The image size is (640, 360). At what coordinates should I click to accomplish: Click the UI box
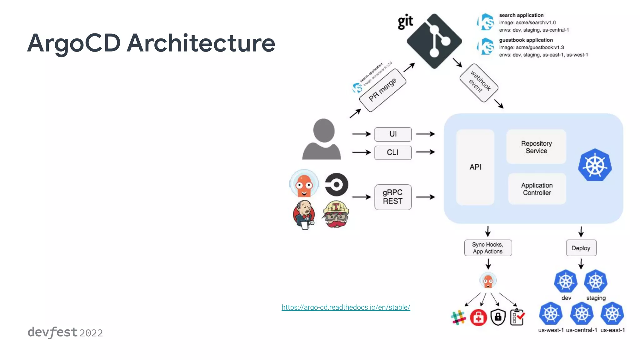[x=393, y=134]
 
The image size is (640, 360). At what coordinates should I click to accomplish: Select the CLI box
[x=393, y=152]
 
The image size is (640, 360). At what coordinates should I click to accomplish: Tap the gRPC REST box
[x=393, y=197]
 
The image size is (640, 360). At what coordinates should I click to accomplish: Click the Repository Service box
[x=536, y=147]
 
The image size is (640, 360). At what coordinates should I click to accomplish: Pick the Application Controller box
[x=537, y=189]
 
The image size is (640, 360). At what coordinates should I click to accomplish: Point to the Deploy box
[x=581, y=248]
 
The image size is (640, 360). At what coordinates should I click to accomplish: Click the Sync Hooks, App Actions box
[x=488, y=248]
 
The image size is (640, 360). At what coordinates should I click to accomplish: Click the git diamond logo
[x=434, y=41]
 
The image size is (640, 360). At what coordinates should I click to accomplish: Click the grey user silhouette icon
[x=322, y=139]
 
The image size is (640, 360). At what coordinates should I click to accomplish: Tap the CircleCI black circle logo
[x=337, y=184]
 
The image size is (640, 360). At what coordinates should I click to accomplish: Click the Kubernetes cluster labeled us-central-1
[x=582, y=313]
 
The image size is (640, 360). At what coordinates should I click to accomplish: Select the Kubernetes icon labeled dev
[x=566, y=281]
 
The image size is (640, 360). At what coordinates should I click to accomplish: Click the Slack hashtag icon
[x=458, y=317]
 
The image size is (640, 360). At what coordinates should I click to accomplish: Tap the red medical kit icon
[x=478, y=317]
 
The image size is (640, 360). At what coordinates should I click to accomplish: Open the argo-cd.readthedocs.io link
[x=346, y=307]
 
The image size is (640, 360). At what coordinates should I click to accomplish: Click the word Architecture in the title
[x=201, y=43]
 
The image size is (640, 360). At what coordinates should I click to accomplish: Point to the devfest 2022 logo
[x=65, y=332]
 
